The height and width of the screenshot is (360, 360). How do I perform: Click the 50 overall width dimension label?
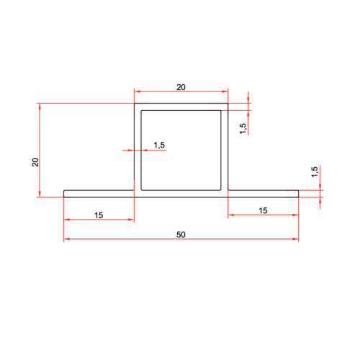[x=181, y=235]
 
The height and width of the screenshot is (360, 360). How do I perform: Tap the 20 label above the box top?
[x=181, y=87]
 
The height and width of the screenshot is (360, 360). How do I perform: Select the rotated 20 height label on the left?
[x=35, y=162]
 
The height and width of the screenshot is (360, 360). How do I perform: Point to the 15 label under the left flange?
[x=99, y=215]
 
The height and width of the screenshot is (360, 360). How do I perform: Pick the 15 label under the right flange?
[x=263, y=210]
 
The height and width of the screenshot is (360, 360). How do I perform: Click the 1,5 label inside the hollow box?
[x=159, y=145]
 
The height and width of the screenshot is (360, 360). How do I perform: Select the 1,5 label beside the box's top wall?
[x=243, y=128]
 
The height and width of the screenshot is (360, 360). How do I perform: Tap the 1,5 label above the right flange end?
[x=315, y=171]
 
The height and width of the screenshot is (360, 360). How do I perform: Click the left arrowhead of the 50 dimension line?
[x=67, y=239]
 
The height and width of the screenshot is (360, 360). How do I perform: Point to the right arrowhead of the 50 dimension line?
[x=295, y=239]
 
